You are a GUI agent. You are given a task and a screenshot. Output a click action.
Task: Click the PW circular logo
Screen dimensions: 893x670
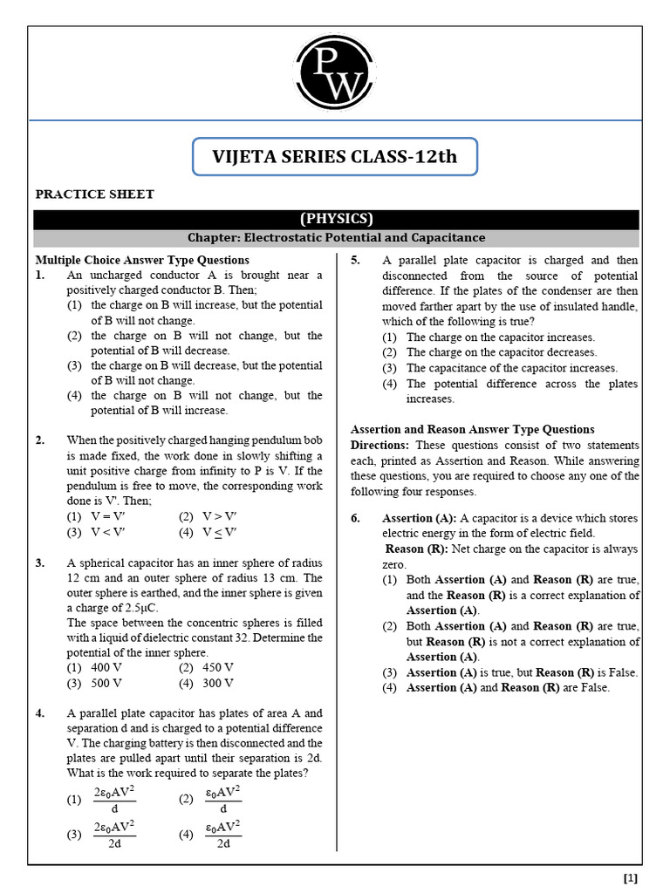(x=335, y=72)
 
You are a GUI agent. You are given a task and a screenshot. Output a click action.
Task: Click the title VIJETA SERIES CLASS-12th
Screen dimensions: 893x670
(x=334, y=157)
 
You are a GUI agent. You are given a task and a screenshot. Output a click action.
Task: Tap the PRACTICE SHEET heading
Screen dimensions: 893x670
(x=94, y=194)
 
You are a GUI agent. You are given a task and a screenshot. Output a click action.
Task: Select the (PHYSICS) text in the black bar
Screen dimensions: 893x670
(x=336, y=219)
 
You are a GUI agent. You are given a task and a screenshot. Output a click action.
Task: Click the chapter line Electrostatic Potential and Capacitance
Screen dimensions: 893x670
(x=336, y=237)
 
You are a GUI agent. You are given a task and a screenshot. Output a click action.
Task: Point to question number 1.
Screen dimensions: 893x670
(x=40, y=276)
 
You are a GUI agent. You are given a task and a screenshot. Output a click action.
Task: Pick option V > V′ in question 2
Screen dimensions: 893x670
(x=219, y=516)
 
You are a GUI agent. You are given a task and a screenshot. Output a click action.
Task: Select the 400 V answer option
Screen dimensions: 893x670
(x=106, y=667)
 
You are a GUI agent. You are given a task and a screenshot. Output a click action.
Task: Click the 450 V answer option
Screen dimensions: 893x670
(x=218, y=667)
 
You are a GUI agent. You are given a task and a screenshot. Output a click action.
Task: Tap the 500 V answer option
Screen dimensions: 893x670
(x=106, y=683)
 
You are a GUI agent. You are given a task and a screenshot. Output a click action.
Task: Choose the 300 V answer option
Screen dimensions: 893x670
(x=218, y=683)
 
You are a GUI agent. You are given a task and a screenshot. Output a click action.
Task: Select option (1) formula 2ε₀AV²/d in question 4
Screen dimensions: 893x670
(x=113, y=800)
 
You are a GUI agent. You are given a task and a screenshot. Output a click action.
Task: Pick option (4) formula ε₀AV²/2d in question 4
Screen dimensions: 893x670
(x=222, y=835)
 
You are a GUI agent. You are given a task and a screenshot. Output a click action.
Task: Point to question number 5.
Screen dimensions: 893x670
(x=356, y=261)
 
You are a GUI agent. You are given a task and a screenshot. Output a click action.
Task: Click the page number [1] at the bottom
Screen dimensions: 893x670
(x=631, y=878)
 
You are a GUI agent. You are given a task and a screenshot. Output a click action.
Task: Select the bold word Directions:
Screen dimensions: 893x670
(x=379, y=445)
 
